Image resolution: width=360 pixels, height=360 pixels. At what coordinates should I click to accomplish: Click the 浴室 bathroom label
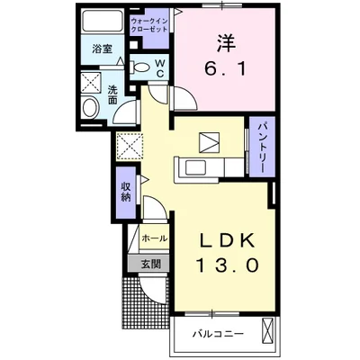[x=102, y=49]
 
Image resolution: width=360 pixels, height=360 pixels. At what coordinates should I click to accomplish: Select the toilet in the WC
[x=140, y=67]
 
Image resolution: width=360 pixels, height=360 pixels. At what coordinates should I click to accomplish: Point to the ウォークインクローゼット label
[x=149, y=25]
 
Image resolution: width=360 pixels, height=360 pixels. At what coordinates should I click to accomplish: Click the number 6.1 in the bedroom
[x=225, y=69]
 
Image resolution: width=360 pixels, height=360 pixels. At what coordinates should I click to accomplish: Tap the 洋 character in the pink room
[x=225, y=44]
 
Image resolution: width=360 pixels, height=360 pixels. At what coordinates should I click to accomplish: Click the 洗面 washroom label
[x=112, y=94]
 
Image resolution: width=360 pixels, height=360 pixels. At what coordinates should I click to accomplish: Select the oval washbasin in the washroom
[x=91, y=108]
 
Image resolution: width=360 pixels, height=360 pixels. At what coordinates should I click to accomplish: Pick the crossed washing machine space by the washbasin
[x=92, y=83]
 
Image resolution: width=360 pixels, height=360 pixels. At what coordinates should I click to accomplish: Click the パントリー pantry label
[x=262, y=147]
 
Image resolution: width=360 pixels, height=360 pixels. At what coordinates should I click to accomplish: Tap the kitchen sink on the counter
[x=196, y=167]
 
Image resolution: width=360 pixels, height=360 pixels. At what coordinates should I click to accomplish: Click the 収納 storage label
[x=126, y=192]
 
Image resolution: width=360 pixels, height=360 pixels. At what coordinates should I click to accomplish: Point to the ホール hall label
[x=154, y=238]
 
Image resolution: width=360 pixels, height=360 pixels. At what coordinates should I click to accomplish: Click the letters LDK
[x=227, y=240]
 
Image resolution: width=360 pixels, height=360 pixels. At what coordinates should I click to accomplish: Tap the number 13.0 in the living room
[x=227, y=265]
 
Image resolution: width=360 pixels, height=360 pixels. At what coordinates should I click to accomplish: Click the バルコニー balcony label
[x=218, y=334]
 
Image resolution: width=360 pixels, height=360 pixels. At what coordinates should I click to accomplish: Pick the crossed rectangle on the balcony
[x=268, y=331]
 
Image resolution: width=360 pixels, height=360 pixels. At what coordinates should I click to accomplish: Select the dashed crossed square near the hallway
[x=130, y=147]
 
